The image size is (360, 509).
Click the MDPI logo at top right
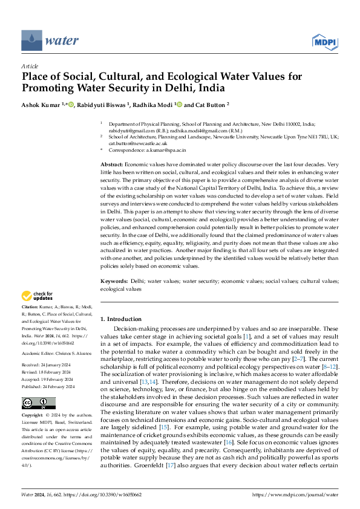(x=325, y=41)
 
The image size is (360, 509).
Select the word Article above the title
(x=30, y=66)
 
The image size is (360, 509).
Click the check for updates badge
(x=38, y=296)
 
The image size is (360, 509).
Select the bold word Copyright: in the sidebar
(x=33, y=416)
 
